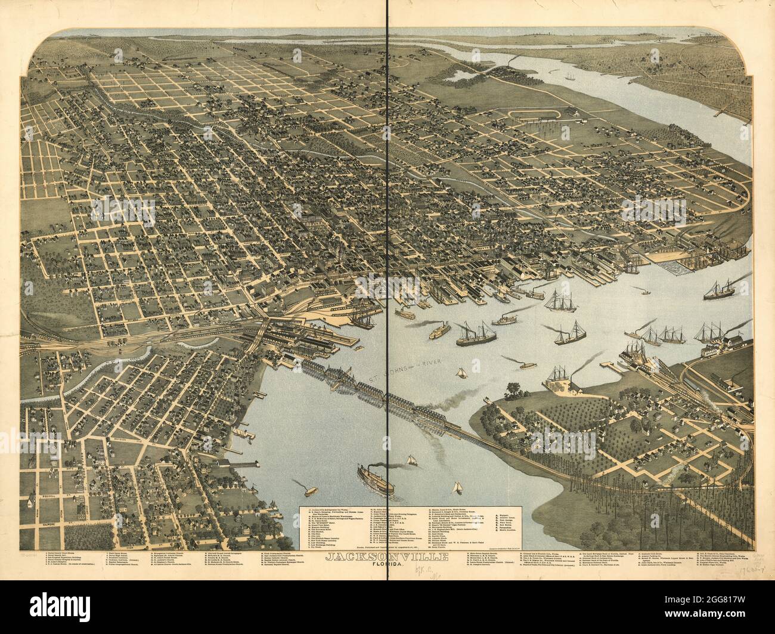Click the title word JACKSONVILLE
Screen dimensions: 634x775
tap(387, 557)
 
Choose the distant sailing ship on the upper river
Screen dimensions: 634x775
tap(571, 77)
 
